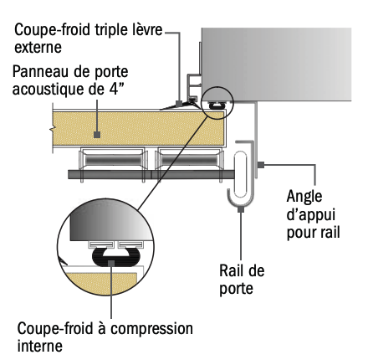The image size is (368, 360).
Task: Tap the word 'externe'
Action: [38, 48]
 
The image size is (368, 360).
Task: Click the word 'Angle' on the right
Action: [304, 198]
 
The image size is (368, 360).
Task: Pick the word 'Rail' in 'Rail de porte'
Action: [229, 270]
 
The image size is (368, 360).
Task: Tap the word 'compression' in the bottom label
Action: [151, 330]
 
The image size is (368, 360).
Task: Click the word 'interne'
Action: [40, 347]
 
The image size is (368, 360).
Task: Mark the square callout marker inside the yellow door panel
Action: [97, 135]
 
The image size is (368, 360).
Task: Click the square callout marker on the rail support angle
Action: [261, 165]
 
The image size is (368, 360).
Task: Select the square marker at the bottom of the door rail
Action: [241, 208]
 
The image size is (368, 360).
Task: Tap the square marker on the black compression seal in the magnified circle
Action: [111, 263]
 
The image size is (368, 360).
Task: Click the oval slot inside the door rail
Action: [240, 174]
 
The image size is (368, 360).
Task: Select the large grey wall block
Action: [276, 64]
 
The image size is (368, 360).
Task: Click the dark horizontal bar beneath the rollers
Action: [151, 174]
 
